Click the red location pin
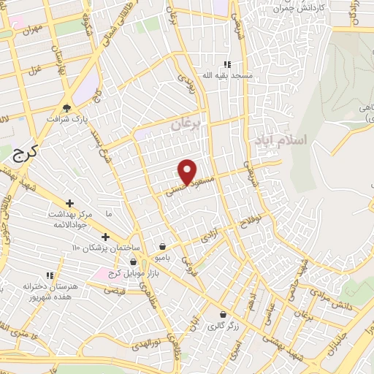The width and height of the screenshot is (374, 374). [188, 171]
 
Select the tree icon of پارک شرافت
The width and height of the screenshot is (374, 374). [66, 107]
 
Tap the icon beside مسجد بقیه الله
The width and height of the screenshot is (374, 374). [226, 64]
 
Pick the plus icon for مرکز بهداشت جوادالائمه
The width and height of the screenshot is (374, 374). [69, 203]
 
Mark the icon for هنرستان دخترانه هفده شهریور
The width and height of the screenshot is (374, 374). [50, 275]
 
